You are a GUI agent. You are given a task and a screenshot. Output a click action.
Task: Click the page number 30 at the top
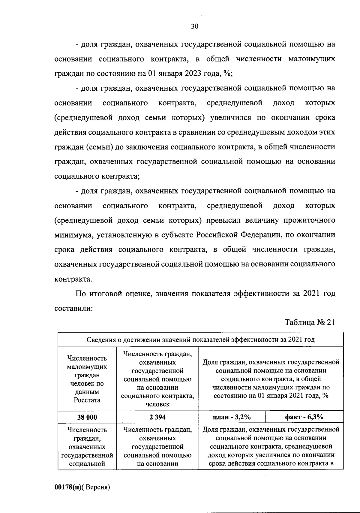(x=194, y=27)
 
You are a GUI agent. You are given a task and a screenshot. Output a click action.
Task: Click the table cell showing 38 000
(x=87, y=417)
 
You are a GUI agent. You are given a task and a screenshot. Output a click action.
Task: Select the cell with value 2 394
(x=157, y=417)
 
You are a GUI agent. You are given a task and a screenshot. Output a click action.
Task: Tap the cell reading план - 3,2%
(x=232, y=417)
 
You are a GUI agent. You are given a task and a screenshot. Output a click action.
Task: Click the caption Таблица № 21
(x=309, y=323)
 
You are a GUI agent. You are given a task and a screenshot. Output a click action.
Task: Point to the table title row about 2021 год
(x=200, y=339)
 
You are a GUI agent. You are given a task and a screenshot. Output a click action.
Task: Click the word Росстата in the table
(x=87, y=400)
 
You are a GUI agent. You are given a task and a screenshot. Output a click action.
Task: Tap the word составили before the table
(x=73, y=308)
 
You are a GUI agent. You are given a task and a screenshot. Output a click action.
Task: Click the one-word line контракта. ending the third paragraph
(x=73, y=279)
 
